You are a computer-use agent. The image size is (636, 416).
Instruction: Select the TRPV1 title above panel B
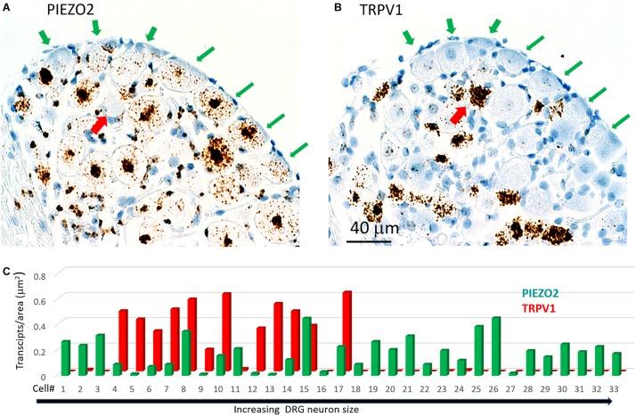click(x=379, y=15)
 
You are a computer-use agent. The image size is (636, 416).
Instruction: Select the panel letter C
click(x=7, y=265)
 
